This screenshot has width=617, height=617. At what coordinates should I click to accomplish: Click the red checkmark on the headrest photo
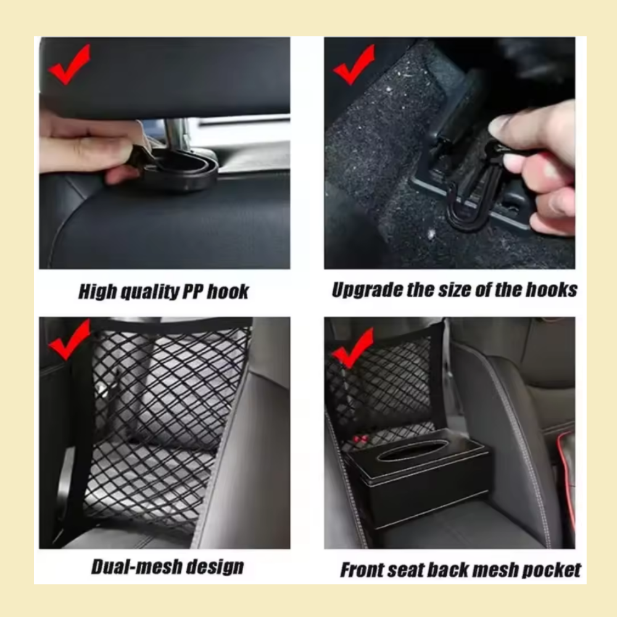tap(69, 64)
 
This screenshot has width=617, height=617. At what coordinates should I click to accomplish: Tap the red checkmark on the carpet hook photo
tap(354, 64)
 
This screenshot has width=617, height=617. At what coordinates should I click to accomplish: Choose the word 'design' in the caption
tap(218, 566)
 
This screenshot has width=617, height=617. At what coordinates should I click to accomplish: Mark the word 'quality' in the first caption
tap(141, 292)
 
